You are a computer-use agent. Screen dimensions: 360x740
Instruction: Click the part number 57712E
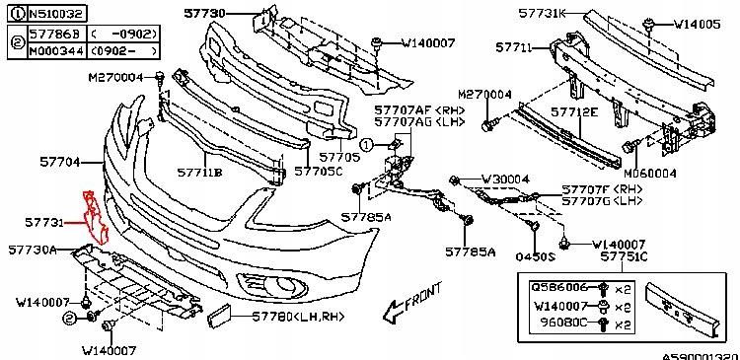pos(574,112)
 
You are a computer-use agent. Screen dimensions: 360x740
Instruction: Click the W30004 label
pos(506,180)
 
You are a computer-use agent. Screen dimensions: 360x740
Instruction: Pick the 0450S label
pos(539,255)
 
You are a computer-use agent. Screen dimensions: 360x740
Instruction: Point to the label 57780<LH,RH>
pos(287,316)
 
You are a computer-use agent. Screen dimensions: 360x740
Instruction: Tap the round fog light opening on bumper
pos(289,287)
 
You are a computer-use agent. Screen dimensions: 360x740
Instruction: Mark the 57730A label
pos(33,251)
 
